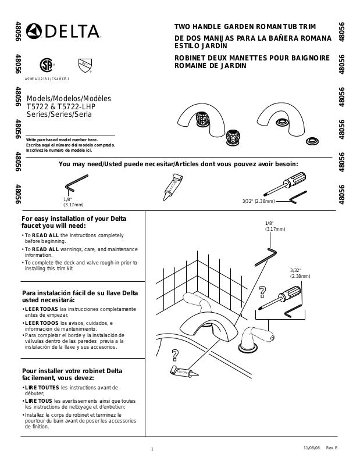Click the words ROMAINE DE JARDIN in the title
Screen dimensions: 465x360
(x=210, y=66)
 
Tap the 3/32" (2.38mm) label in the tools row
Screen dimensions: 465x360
(x=258, y=201)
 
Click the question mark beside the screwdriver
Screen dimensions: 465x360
(x=262, y=292)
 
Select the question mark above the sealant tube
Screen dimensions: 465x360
(x=174, y=356)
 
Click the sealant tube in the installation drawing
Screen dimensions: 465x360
(x=181, y=370)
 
